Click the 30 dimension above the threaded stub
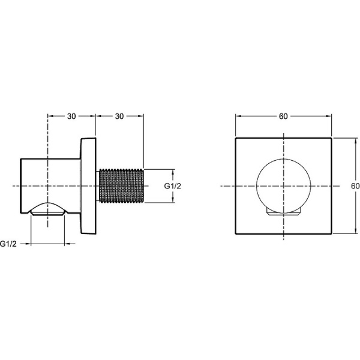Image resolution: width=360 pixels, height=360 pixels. (119, 116)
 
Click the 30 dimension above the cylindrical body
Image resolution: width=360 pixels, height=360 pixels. (71, 116)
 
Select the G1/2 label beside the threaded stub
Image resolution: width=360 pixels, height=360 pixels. (173, 186)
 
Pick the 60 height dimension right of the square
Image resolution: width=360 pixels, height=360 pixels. (355, 186)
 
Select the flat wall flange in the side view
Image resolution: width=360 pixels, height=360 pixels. (88, 186)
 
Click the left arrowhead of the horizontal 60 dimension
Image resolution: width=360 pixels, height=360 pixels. (238, 116)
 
